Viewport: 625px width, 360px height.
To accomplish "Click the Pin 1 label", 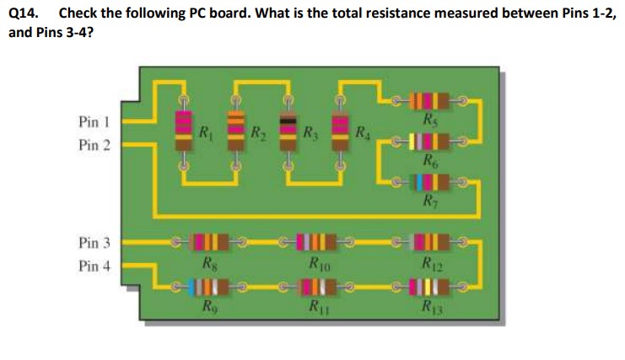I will pyautogui.click(x=94, y=122).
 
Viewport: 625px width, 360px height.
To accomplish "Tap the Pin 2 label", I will pyautogui.click(x=94, y=144).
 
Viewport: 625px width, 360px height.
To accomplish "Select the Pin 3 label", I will pyautogui.click(x=94, y=244).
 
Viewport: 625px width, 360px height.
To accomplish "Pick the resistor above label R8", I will pyautogui.click(x=207, y=244).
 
